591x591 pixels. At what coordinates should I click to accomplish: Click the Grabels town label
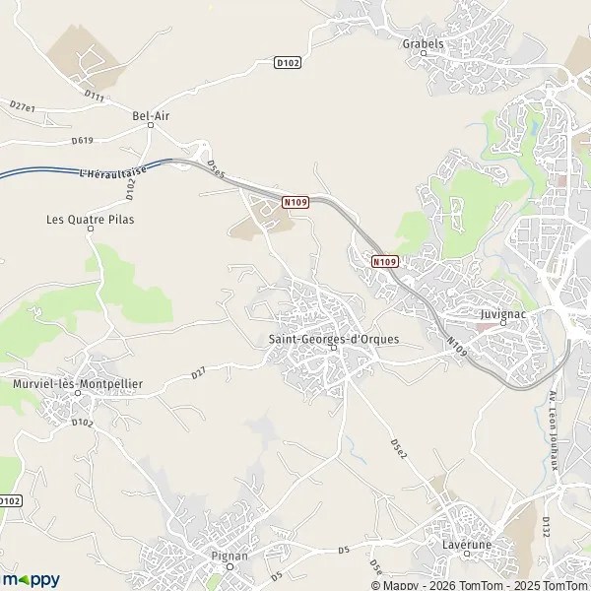[x=424, y=43]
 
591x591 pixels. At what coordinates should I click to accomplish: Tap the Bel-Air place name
[x=150, y=115]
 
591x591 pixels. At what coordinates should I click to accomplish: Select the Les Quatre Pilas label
[x=90, y=219]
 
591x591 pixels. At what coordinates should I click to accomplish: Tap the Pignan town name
[x=230, y=556]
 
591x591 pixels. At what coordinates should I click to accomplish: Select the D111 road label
[x=95, y=96]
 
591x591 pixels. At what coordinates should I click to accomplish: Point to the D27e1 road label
[x=22, y=106]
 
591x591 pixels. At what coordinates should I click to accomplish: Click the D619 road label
[x=83, y=140]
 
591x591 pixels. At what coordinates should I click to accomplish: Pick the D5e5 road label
[x=217, y=169]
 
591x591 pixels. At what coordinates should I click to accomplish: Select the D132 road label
[x=545, y=529]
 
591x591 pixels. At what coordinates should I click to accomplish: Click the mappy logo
[x=30, y=580]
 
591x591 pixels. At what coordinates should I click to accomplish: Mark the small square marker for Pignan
[x=230, y=566]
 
